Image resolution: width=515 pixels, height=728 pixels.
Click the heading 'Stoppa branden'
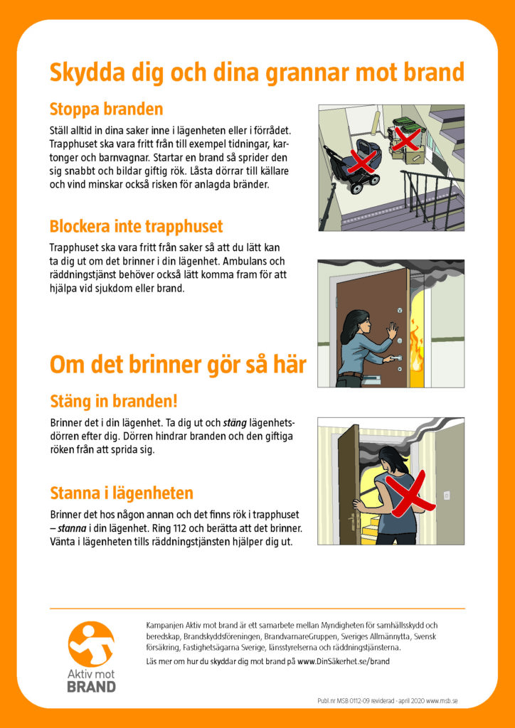(x=106, y=109)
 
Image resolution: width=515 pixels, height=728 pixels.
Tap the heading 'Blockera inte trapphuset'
(x=136, y=227)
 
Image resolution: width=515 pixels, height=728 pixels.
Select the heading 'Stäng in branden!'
(x=113, y=400)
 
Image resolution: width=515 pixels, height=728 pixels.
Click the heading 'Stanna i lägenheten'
(x=122, y=493)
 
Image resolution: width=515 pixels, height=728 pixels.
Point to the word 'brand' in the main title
(x=433, y=73)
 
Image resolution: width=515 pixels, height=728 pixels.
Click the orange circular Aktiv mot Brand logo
(x=91, y=645)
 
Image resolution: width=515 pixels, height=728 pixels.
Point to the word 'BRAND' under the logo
(x=91, y=687)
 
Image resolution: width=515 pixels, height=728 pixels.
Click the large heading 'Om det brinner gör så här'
(x=178, y=365)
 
